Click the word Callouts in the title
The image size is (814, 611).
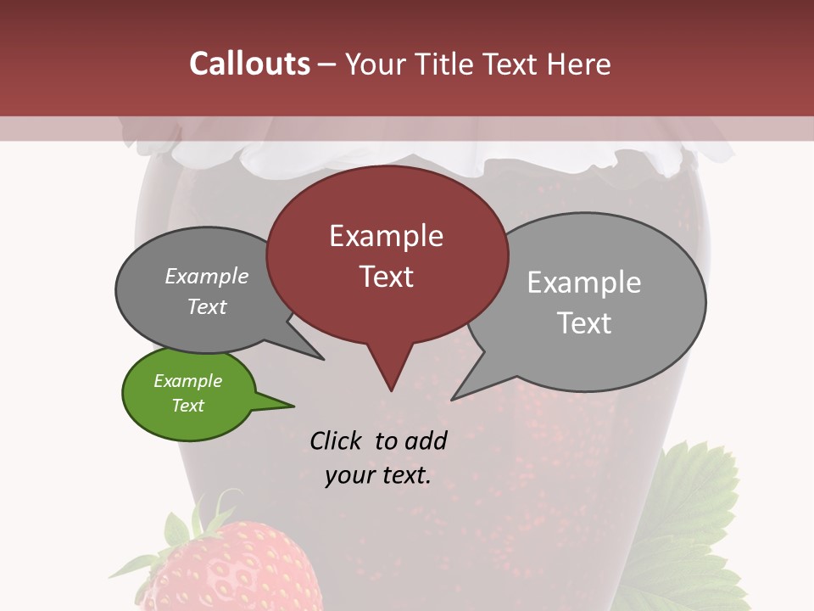[x=250, y=64]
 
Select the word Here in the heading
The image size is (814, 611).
[x=580, y=64]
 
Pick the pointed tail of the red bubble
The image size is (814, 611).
[x=391, y=382]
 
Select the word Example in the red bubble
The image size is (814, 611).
[x=386, y=236]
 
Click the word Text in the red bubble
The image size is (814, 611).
[x=387, y=277]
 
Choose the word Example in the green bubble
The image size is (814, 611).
[x=188, y=381]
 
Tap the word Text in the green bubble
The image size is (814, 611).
[x=188, y=406]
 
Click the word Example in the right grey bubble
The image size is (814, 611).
[x=584, y=283]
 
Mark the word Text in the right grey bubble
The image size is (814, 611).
[x=584, y=323]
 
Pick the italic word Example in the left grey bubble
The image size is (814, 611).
[x=207, y=277]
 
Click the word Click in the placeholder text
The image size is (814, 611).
[x=337, y=441]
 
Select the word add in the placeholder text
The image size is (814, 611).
[x=425, y=441]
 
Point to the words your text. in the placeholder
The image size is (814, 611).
[x=378, y=475]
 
